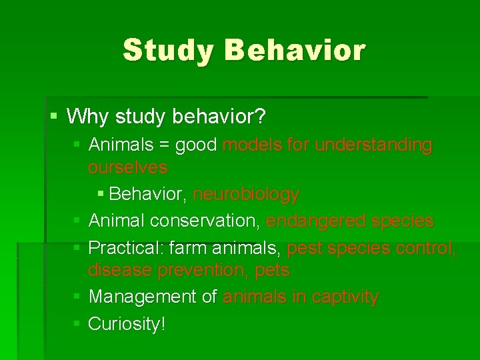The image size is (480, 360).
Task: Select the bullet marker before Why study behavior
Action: [54, 117]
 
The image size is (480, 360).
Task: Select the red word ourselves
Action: [127, 167]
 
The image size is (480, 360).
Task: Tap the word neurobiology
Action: [246, 194]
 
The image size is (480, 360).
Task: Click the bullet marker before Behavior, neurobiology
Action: [101, 194]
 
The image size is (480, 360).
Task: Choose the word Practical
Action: [125, 249]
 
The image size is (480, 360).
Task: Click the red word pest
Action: [304, 249]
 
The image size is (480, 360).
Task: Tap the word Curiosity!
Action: [127, 324]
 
